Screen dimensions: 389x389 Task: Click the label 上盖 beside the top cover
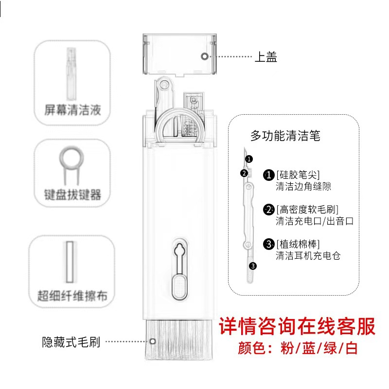[x=266, y=57]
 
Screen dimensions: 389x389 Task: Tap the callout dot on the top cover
[x=205, y=56]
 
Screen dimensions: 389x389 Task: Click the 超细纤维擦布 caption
[x=72, y=295]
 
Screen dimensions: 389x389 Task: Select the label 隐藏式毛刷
[x=71, y=342]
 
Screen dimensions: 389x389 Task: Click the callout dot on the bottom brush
[x=151, y=341]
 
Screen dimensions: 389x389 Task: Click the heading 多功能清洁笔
[x=285, y=136]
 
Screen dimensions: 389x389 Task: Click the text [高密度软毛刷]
[x=307, y=210]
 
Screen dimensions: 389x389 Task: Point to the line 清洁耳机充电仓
[x=307, y=255]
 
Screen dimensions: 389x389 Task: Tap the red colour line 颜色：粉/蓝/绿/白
[x=298, y=349]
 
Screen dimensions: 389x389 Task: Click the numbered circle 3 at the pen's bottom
[x=252, y=265]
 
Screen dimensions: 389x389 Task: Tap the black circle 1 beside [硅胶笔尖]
[x=268, y=175]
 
